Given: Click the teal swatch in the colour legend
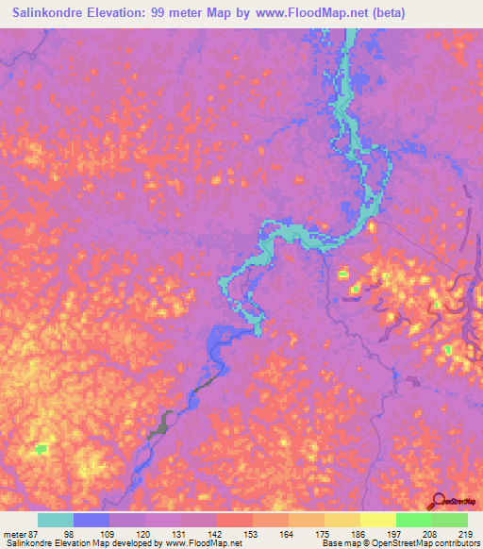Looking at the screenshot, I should pos(56,520).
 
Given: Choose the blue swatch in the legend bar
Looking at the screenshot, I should pos(92,520).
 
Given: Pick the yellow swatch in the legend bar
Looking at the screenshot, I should pos(378,520).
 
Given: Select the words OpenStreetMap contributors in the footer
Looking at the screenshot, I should pos(427,543).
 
